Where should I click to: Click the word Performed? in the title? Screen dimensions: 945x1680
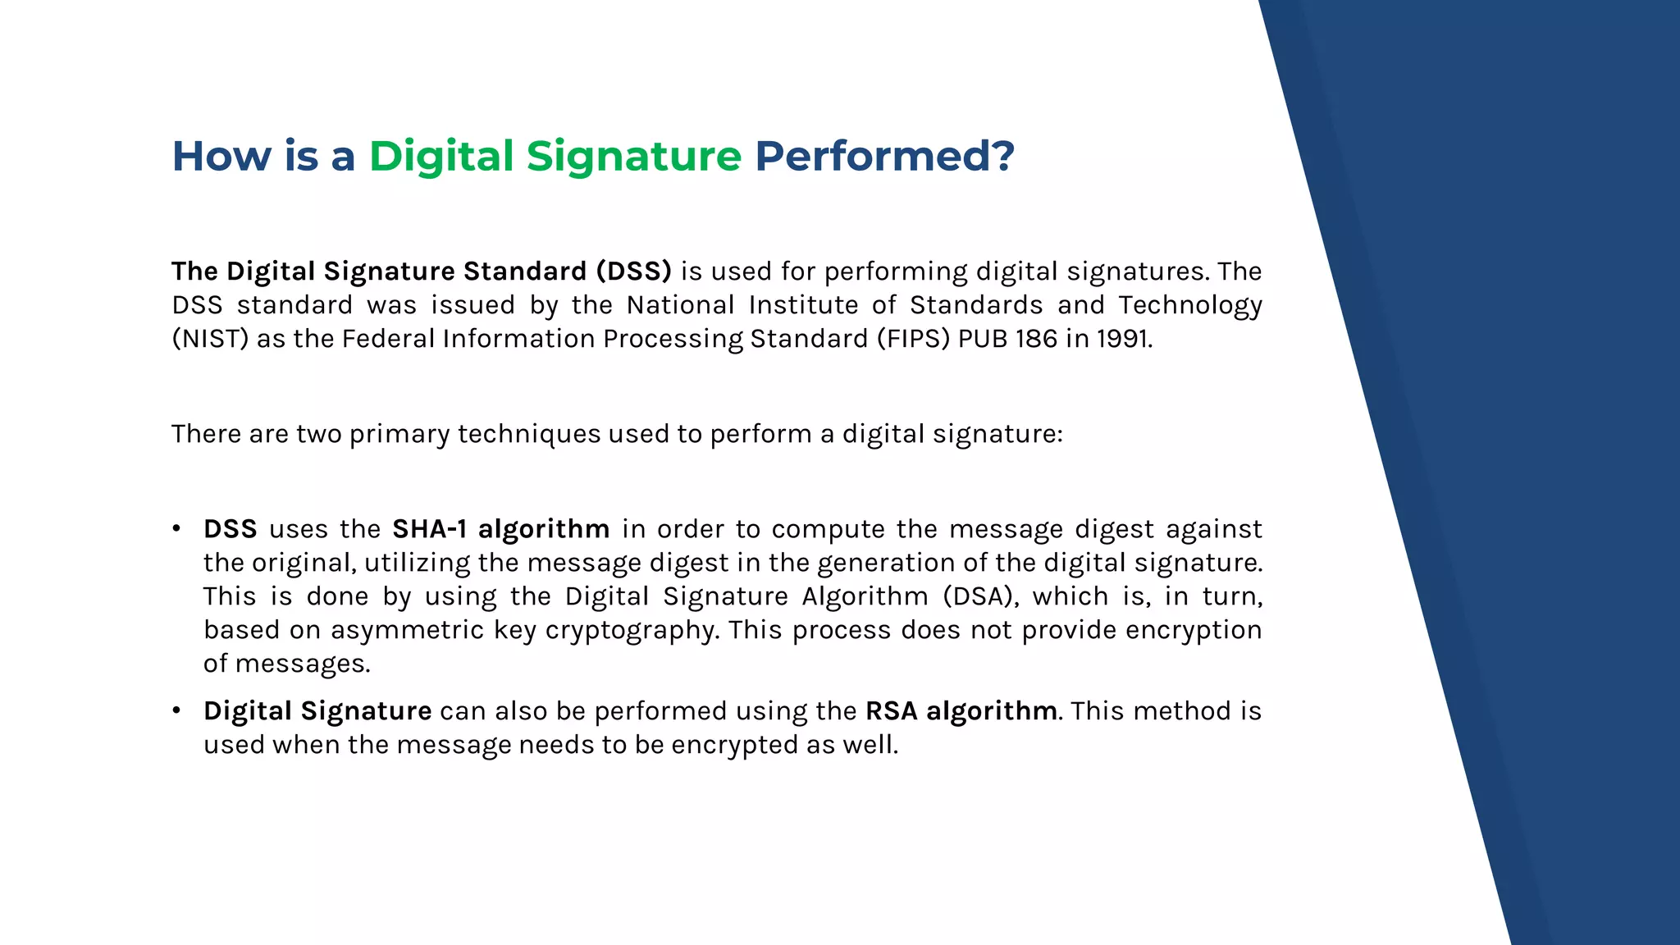(x=884, y=156)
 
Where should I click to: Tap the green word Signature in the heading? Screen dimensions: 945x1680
(x=633, y=156)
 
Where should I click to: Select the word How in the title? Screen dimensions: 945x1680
(x=221, y=156)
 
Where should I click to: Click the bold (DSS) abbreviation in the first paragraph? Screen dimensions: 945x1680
(x=633, y=272)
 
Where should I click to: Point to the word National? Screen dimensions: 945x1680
(x=680, y=305)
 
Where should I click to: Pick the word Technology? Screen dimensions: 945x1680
(x=1190, y=305)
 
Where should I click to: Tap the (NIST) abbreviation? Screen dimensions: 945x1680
(x=210, y=339)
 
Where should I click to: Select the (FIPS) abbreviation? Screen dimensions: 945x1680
(x=912, y=339)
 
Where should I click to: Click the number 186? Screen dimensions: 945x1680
(x=1036, y=339)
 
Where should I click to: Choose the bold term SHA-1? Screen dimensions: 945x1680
(x=429, y=529)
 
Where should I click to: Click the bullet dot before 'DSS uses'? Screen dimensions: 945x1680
(x=176, y=529)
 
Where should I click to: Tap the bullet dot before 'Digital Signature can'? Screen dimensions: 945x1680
(x=176, y=711)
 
